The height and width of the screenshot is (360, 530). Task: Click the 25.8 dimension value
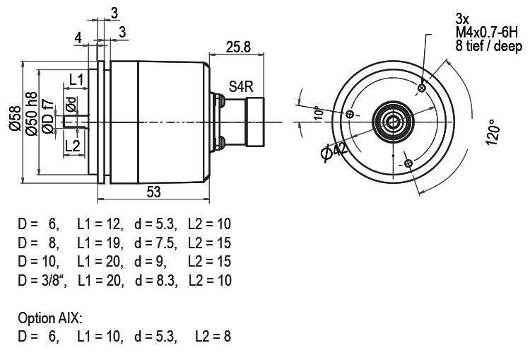pyautogui.click(x=238, y=47)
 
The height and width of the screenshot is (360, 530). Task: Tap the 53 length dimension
pyautogui.click(x=153, y=192)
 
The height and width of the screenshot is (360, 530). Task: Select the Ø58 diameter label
pyautogui.click(x=15, y=118)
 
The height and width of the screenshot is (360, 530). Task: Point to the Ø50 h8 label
pyautogui.click(x=31, y=114)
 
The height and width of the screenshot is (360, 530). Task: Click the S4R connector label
pyautogui.click(x=241, y=86)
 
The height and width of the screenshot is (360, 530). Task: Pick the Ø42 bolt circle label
pyautogui.click(x=334, y=152)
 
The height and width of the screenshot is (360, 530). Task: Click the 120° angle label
pyautogui.click(x=493, y=132)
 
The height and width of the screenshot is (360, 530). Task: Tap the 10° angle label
pyautogui.click(x=318, y=113)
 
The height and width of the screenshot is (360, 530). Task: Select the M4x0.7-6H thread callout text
pyautogui.click(x=486, y=33)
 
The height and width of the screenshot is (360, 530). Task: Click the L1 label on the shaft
pyautogui.click(x=76, y=80)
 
